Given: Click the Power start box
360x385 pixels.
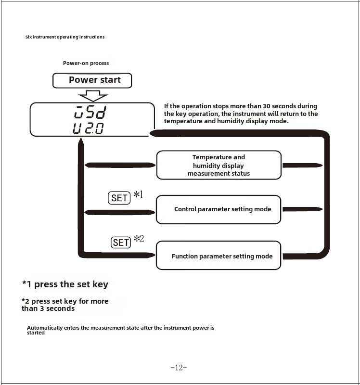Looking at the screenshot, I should [x=92, y=80].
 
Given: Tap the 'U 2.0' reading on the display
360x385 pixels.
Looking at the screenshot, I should [x=88, y=128].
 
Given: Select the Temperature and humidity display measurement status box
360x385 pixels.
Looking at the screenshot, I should [x=219, y=165].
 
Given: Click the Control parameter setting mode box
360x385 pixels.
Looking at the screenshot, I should [x=219, y=209].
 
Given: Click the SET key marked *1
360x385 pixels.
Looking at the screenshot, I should [x=119, y=198].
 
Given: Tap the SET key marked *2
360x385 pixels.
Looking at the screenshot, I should [x=121, y=243].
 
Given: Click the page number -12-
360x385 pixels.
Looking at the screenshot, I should [x=179, y=368].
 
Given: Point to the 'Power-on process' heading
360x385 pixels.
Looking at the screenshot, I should [x=86, y=63].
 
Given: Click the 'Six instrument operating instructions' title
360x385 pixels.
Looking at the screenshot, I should [x=65, y=37].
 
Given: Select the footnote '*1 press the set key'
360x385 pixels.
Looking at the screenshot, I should [x=65, y=284].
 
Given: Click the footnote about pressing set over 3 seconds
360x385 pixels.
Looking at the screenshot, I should [x=65, y=305].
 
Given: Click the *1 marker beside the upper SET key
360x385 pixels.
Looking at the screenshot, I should [x=138, y=194].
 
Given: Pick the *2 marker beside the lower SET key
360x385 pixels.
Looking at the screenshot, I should [x=139, y=239].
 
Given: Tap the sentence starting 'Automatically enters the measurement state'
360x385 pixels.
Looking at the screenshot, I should [x=120, y=330].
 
